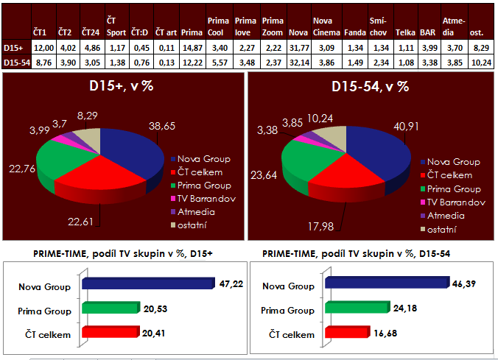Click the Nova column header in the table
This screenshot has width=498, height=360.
coord(298,33)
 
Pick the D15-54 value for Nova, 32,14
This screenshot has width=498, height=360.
coord(298,63)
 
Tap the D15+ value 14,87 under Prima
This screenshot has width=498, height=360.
coord(192,48)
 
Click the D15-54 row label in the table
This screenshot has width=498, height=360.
coord(16,63)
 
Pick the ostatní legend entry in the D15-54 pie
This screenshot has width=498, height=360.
coord(446,230)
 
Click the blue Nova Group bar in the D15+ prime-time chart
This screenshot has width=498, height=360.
coord(147,282)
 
